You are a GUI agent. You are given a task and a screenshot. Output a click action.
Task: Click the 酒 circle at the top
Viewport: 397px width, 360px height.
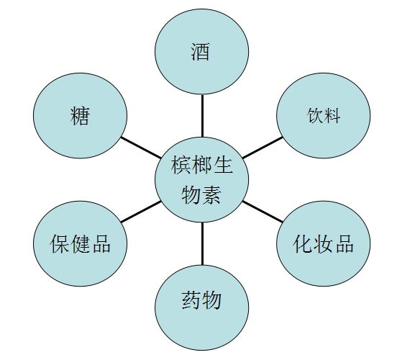click(x=202, y=51)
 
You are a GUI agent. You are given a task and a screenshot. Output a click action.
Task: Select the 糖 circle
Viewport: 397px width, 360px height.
click(x=81, y=116)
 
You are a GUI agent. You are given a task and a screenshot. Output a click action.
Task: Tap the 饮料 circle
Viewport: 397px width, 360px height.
click(x=324, y=116)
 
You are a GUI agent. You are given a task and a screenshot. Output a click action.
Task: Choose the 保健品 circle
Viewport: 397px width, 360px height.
click(x=81, y=243)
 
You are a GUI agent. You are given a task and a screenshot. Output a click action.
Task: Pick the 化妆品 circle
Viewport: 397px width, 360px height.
click(x=324, y=243)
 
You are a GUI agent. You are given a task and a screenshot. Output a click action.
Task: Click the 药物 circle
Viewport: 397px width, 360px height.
click(x=202, y=307)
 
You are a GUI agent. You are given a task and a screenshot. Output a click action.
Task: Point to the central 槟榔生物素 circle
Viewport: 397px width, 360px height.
click(x=202, y=179)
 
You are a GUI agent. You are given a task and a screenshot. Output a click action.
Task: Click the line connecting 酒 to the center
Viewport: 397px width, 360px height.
click(x=202, y=116)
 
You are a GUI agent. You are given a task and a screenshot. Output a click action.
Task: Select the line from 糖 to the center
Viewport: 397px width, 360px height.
click(x=141, y=148)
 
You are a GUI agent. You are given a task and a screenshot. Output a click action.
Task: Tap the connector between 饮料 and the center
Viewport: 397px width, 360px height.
click(x=263, y=148)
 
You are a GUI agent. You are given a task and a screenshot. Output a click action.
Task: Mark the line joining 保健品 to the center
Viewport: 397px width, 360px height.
click(x=141, y=212)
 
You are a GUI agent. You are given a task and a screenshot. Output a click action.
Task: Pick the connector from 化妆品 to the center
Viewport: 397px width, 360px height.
click(x=263, y=212)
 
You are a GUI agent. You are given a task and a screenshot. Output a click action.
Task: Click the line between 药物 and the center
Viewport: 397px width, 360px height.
click(x=202, y=243)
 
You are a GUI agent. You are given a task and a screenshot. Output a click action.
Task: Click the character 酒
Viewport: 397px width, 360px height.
click(x=200, y=52)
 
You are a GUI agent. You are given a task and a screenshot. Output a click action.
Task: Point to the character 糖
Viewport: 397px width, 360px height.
click(x=80, y=116)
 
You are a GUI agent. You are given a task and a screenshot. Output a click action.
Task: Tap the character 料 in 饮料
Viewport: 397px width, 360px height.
click(x=332, y=116)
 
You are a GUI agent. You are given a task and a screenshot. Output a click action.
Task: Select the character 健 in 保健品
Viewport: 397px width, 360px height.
click(x=81, y=243)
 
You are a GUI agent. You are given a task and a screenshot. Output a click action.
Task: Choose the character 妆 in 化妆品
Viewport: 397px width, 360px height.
click(x=324, y=243)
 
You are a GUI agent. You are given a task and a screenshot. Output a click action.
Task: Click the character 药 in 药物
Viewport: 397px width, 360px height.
click(x=191, y=300)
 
